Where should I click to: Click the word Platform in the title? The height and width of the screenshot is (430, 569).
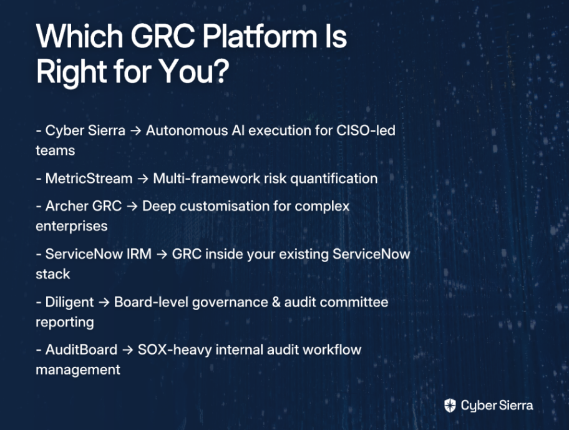point(260,36)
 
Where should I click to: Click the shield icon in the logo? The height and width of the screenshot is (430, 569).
point(450,405)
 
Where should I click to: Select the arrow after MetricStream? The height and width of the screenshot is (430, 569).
point(143,179)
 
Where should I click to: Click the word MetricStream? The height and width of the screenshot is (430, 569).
point(89,178)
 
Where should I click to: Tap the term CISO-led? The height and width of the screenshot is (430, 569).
point(366,130)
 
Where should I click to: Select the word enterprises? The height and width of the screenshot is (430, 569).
point(72,227)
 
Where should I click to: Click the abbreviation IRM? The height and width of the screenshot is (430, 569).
point(139,254)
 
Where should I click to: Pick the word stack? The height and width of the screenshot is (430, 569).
point(52,274)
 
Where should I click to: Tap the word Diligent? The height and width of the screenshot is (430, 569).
point(69,302)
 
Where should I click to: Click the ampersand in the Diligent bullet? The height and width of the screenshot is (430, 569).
point(276,302)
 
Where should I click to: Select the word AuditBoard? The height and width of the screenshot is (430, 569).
point(81,350)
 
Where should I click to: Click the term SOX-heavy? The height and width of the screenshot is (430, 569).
point(175,350)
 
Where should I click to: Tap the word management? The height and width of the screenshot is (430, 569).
point(77,370)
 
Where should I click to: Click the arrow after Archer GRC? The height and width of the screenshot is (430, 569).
point(132,207)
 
